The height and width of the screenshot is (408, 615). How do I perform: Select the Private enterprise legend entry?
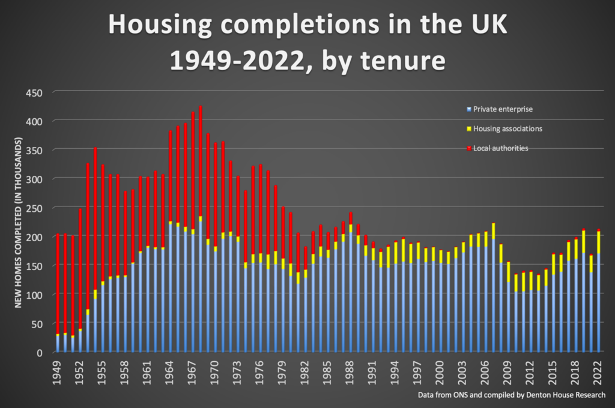click(503, 109)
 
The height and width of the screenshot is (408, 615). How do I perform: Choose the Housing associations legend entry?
click(507, 128)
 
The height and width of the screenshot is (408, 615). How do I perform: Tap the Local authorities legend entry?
click(500, 148)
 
